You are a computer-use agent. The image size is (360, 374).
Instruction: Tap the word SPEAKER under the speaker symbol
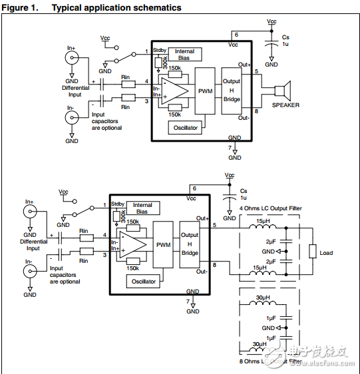click(x=285, y=105)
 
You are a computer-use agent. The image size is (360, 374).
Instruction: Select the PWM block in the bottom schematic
click(x=163, y=245)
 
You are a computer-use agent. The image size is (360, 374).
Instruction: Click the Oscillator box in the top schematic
click(x=186, y=128)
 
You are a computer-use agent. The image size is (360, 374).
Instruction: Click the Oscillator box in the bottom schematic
click(x=144, y=281)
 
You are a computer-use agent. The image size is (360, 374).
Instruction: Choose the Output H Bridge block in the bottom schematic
click(x=189, y=244)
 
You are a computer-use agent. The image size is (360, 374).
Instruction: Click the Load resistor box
click(x=312, y=252)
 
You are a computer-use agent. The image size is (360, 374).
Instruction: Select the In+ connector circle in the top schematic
click(x=71, y=58)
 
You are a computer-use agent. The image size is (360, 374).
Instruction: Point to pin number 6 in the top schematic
click(x=236, y=34)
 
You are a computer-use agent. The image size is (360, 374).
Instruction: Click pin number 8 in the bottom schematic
click(x=214, y=266)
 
